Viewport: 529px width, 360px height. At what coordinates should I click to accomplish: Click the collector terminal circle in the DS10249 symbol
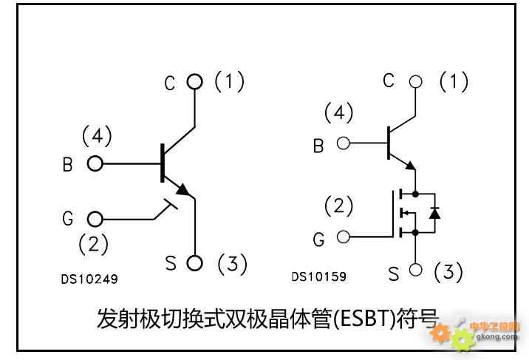pyautogui.click(x=194, y=82)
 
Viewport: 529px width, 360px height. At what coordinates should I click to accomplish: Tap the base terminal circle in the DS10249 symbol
pyautogui.click(x=95, y=163)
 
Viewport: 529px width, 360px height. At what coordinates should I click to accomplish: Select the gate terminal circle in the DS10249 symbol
pyautogui.click(x=95, y=219)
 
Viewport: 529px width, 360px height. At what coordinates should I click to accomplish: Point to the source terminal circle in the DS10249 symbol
pyautogui.click(x=194, y=262)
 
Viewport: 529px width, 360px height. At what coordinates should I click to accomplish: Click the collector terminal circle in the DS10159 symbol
pyautogui.click(x=415, y=81)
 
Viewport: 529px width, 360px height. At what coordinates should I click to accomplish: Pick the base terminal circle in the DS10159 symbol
pyautogui.click(x=343, y=143)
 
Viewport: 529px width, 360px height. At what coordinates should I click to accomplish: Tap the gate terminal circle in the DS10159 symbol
pyautogui.click(x=343, y=237)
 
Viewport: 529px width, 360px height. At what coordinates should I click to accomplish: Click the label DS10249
pyautogui.click(x=89, y=279)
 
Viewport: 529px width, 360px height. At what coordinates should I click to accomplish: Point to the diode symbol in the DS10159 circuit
pyautogui.click(x=434, y=214)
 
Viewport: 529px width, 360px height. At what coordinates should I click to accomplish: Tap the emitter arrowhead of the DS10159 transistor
pyautogui.click(x=411, y=166)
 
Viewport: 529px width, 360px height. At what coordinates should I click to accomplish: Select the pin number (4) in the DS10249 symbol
pyautogui.click(x=97, y=136)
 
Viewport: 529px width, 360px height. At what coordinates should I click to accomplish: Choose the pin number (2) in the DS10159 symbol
pyautogui.click(x=339, y=206)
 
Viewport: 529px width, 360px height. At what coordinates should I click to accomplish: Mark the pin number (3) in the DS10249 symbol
pyautogui.click(x=232, y=263)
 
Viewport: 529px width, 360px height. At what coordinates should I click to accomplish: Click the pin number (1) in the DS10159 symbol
pyautogui.click(x=454, y=81)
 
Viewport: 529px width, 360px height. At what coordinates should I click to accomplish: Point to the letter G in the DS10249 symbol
pyautogui.click(x=68, y=220)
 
